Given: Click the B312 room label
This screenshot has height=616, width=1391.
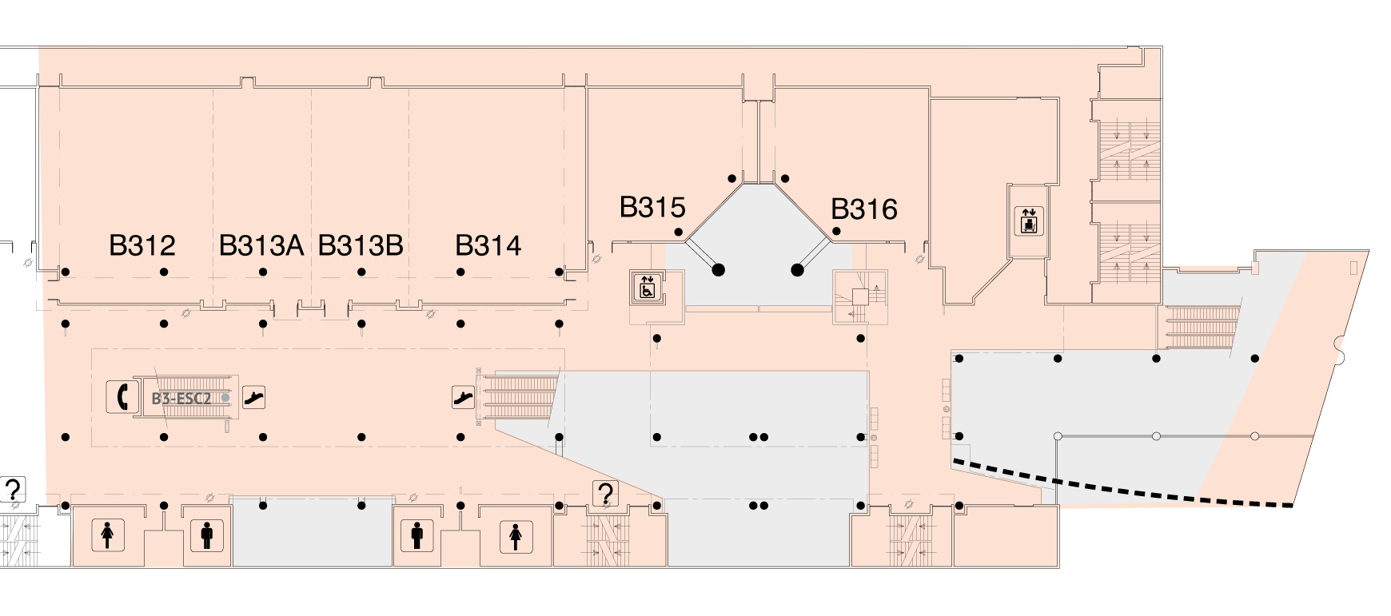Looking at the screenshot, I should [x=141, y=245].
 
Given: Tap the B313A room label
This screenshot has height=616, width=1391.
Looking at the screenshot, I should [x=261, y=245].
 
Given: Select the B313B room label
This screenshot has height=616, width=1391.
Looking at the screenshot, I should [x=360, y=245].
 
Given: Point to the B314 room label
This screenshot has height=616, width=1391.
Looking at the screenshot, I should [x=488, y=245].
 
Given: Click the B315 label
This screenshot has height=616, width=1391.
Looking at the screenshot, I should [x=652, y=208].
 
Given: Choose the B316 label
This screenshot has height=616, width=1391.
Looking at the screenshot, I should [x=863, y=209].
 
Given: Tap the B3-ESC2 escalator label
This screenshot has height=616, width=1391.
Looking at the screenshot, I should [x=182, y=398].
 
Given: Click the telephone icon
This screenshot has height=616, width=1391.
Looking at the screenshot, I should [x=122, y=395].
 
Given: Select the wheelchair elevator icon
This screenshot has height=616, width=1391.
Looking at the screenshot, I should [x=647, y=287].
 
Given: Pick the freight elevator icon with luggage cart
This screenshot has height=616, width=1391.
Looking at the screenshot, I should [x=1028, y=220].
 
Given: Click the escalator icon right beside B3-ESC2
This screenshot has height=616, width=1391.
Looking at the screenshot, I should [x=253, y=396].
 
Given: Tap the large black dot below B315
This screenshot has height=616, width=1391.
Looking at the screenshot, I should [x=718, y=270].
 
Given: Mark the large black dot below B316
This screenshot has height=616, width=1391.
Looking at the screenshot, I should [x=797, y=270].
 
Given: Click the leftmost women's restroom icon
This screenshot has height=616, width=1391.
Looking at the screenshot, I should [x=108, y=535].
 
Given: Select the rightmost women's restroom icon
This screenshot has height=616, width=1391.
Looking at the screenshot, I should [x=516, y=535].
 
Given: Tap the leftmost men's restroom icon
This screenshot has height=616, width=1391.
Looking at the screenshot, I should [x=207, y=535].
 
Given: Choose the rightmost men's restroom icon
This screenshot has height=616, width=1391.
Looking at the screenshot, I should [x=417, y=535].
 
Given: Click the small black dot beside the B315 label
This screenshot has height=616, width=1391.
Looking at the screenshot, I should [x=679, y=232].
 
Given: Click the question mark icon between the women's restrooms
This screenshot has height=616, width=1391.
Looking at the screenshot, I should [x=605, y=494].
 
